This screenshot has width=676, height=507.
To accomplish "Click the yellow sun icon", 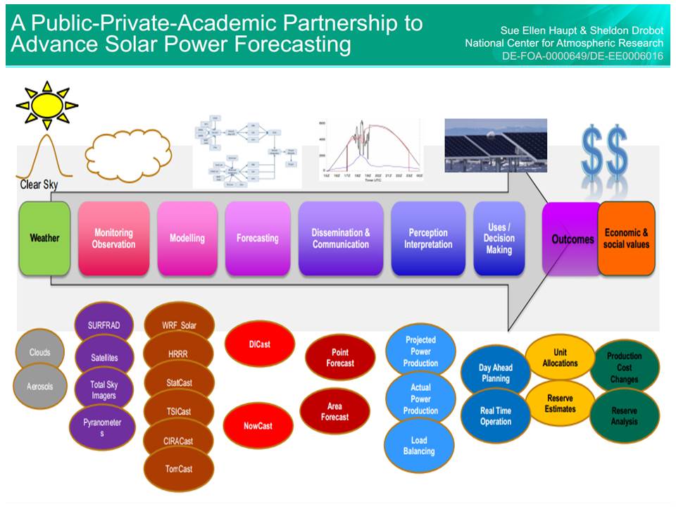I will pyautogui.click(x=46, y=105).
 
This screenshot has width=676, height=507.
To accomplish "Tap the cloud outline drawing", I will pyautogui.click(x=127, y=149).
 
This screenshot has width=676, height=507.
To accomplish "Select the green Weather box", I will pyautogui.click(x=44, y=238).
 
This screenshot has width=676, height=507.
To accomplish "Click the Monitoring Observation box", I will pyautogui.click(x=113, y=238).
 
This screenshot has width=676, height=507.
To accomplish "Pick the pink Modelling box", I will pyautogui.click(x=187, y=238).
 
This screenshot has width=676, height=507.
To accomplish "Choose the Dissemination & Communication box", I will pyautogui.click(x=341, y=238).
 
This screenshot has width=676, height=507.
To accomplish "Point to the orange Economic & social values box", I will pyautogui.click(x=626, y=238).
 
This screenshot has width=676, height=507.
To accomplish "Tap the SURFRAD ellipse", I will pyautogui.click(x=104, y=325).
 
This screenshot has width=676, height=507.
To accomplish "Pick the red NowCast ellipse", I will pyautogui.click(x=258, y=425).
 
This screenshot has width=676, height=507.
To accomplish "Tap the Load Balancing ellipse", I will pyautogui.click(x=419, y=446).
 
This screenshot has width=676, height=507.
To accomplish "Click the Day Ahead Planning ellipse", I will pyautogui.click(x=496, y=373).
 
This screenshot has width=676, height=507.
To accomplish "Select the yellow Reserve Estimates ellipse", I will pyautogui.click(x=561, y=403).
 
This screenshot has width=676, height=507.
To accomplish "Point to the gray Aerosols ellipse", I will pyautogui.click(x=39, y=387).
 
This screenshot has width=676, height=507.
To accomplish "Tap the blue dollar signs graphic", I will pyautogui.click(x=604, y=153).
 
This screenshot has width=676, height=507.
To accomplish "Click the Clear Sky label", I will pyautogui.click(x=39, y=185).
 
